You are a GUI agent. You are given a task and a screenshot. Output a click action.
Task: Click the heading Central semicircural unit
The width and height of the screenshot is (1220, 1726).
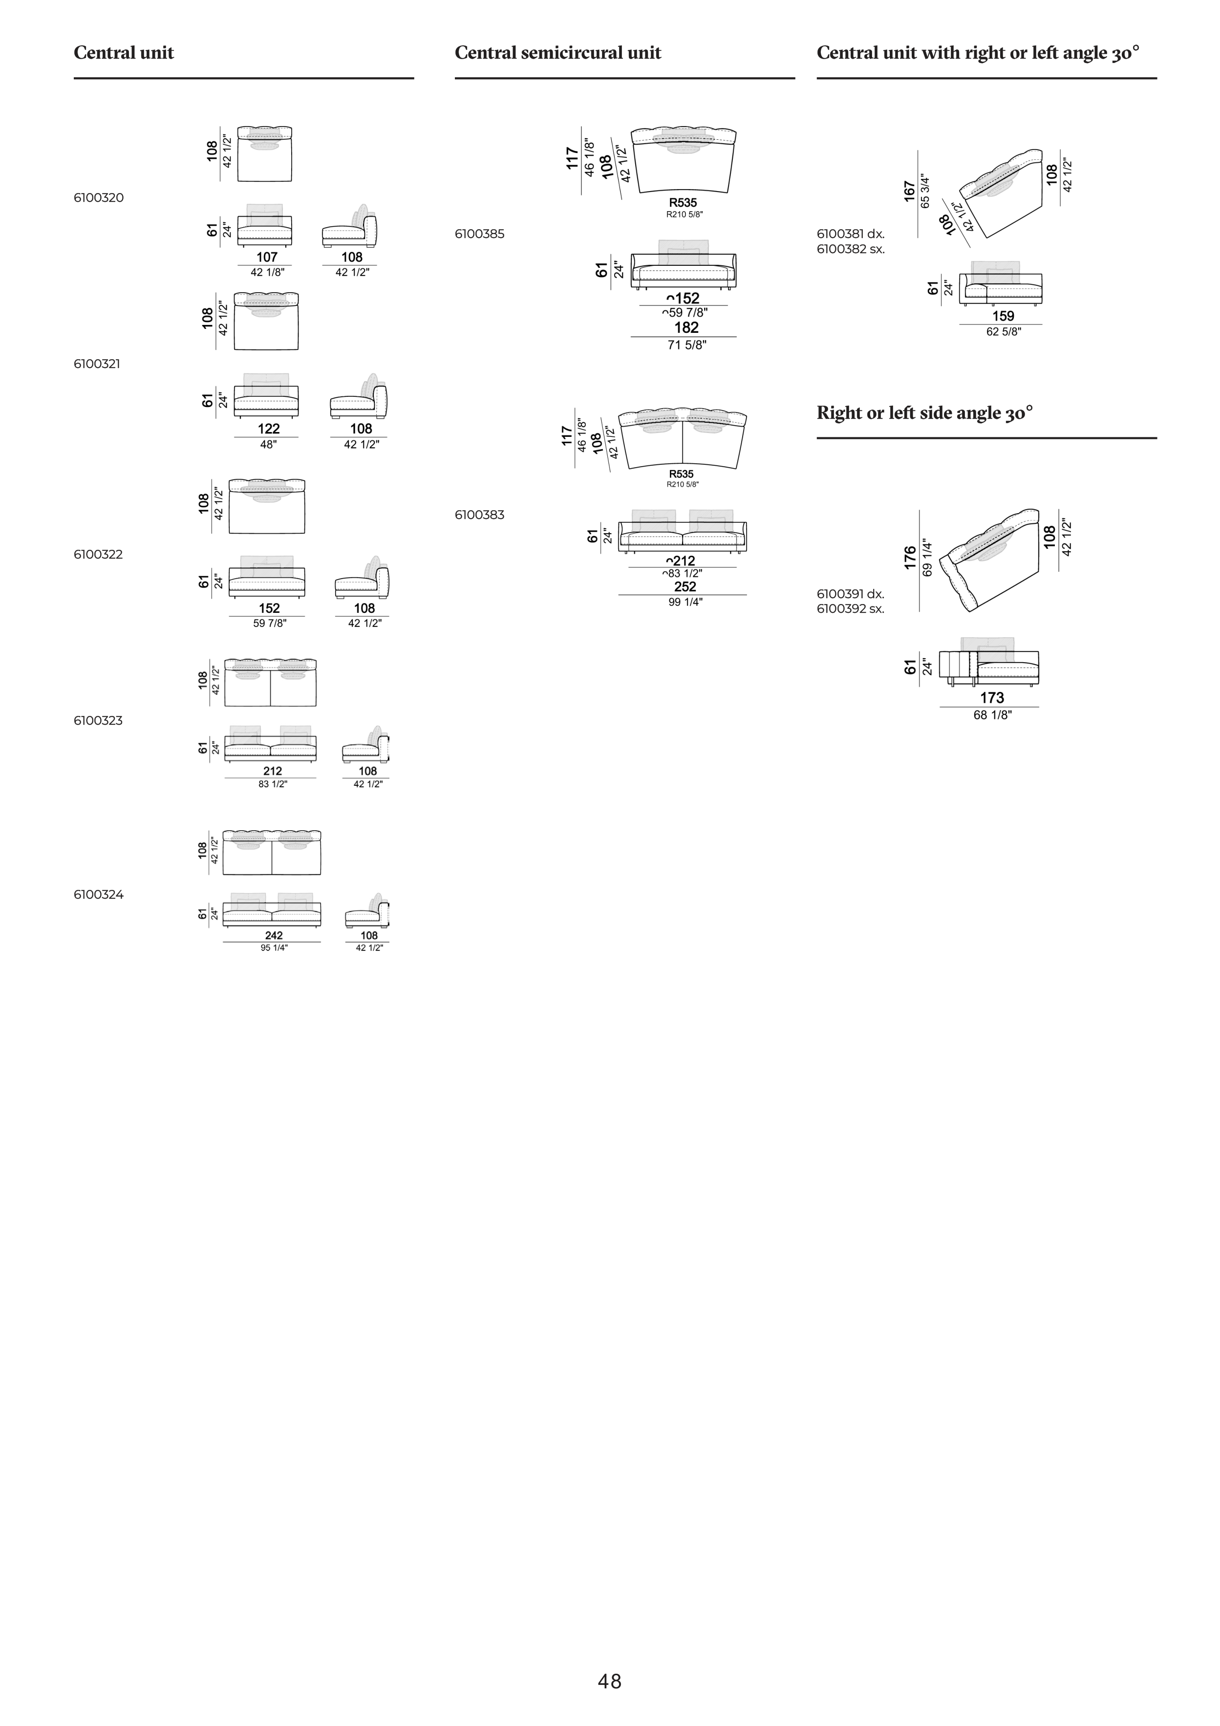(558, 53)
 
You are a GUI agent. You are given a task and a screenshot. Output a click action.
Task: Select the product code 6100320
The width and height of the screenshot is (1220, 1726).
(99, 198)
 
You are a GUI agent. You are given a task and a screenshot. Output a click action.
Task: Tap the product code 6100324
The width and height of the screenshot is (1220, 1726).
(99, 895)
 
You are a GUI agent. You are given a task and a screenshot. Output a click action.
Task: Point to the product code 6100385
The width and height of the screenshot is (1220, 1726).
(480, 234)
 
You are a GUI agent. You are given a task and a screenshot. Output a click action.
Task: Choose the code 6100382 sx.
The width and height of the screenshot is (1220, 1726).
(851, 249)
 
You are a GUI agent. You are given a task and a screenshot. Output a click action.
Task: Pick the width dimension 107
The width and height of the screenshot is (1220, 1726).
(267, 257)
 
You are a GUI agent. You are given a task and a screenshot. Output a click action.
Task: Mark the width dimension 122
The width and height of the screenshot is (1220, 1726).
(268, 429)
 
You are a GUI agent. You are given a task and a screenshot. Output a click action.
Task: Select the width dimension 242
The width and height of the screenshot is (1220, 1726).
(274, 935)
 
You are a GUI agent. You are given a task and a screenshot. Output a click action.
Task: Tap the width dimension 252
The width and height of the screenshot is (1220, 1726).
(685, 586)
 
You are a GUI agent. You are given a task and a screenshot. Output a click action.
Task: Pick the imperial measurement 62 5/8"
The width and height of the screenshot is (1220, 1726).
(1004, 331)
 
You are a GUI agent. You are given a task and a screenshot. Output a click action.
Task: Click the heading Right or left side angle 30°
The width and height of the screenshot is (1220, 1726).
(924, 413)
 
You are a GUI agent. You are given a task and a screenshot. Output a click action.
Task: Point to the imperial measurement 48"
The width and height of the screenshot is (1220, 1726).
(268, 444)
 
